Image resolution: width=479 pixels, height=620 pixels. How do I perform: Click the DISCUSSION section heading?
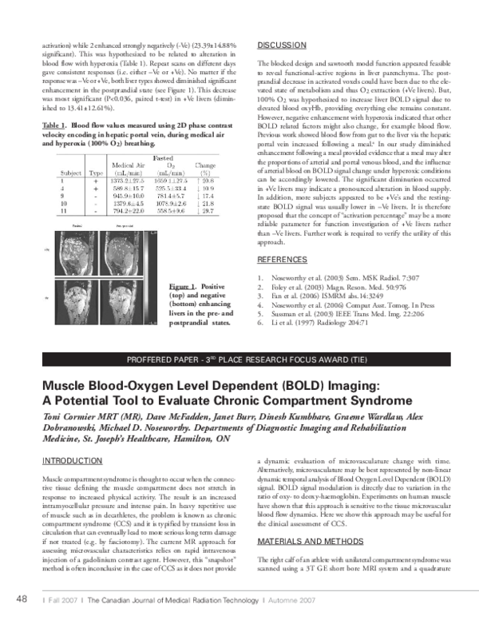[x=283, y=44]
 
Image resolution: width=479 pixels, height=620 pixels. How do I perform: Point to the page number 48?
[x=22, y=599]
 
